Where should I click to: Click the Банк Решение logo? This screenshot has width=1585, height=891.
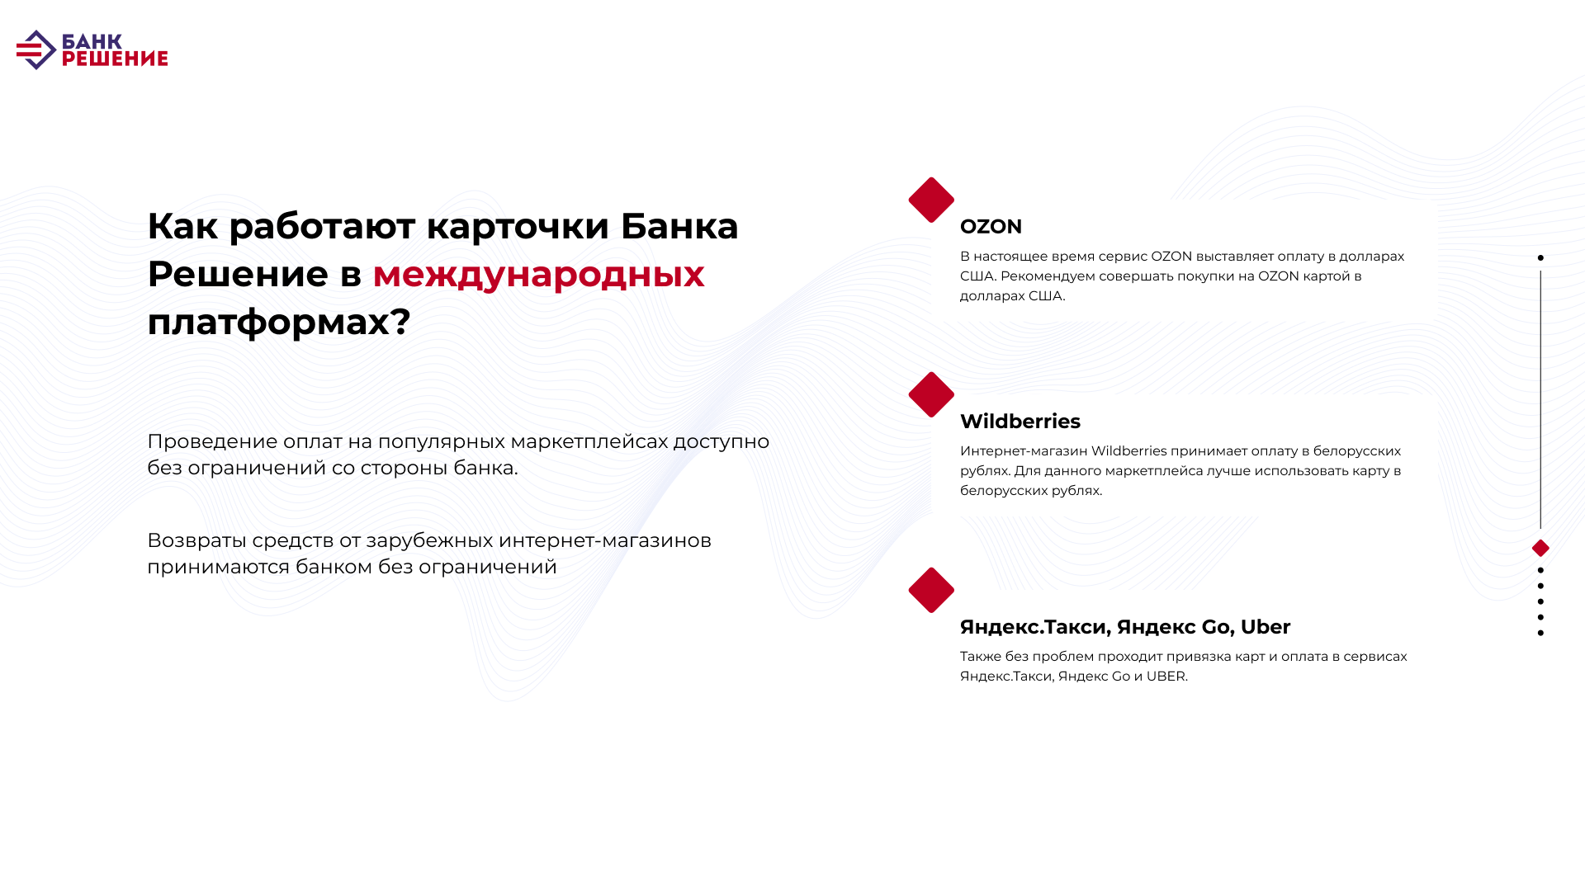(92, 50)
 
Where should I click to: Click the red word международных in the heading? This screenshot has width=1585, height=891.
(538, 274)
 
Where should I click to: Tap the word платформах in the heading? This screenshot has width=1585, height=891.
(268, 323)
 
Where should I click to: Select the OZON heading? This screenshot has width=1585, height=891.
(991, 226)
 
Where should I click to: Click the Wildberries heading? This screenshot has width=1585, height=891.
(1020, 421)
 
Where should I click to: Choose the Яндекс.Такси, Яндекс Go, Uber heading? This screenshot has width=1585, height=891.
(1125, 627)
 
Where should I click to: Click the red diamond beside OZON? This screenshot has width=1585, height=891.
(931, 200)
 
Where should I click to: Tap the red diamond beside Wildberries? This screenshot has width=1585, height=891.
(931, 394)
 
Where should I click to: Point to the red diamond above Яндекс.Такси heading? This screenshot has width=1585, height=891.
(931, 590)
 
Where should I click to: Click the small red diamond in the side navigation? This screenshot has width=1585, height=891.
(1540, 548)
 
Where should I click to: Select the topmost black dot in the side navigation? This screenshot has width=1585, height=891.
(1540, 257)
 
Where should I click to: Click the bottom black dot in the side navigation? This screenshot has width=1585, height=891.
(1540, 633)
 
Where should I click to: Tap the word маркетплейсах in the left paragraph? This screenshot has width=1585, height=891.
(589, 442)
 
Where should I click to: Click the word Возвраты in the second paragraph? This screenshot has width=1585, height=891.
(196, 541)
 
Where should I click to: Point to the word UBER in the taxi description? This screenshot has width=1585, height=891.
(1166, 676)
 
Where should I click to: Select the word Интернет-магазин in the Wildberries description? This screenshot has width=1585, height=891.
(1024, 451)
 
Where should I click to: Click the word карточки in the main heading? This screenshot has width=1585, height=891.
(518, 227)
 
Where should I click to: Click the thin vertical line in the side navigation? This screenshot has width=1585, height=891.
(1540, 399)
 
